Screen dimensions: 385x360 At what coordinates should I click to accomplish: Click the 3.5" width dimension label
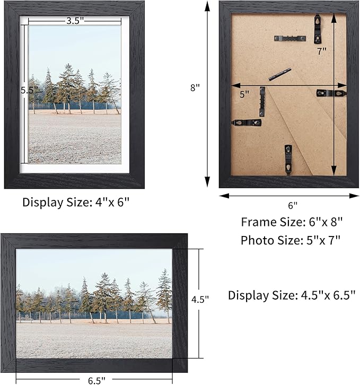click(x=74, y=21)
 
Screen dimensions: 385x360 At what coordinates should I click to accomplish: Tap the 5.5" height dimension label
click(x=28, y=90)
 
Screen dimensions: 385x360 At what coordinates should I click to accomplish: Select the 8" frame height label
click(x=195, y=89)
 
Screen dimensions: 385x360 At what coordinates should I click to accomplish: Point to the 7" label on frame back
click(x=322, y=51)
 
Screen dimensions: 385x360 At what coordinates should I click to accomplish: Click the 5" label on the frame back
click(x=244, y=94)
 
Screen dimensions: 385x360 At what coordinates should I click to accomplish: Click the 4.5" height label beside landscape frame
click(x=200, y=299)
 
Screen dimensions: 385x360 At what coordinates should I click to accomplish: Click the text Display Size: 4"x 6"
click(x=76, y=202)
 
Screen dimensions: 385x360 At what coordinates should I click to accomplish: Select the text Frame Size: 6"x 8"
click(x=291, y=221)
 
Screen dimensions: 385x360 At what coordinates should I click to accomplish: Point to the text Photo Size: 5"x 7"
click(x=291, y=240)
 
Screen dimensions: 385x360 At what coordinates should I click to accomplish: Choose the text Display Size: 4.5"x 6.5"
click(x=292, y=295)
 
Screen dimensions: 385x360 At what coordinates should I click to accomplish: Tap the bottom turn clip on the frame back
click(x=288, y=159)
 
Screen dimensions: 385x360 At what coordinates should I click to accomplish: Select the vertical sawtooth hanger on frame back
click(x=262, y=101)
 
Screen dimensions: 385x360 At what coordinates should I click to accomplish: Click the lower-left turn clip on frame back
click(x=247, y=122)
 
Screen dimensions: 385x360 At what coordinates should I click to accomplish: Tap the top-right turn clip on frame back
click(x=318, y=29)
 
